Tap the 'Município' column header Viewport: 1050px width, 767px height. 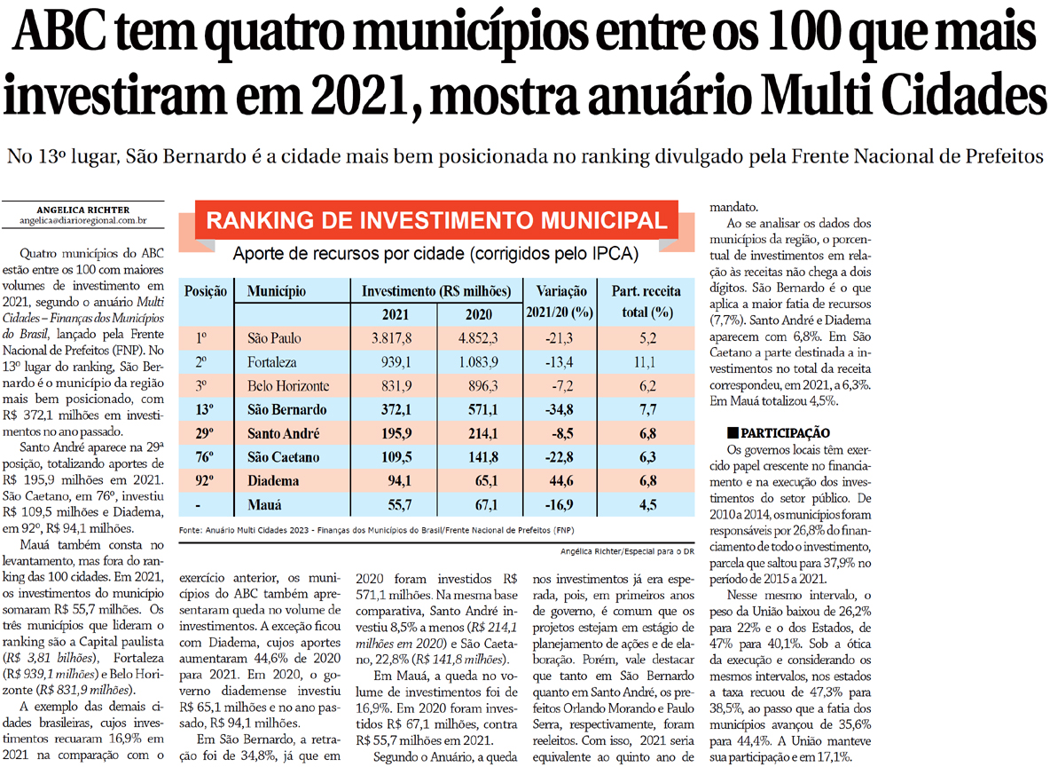(x=277, y=291)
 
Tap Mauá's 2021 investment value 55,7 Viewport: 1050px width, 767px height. (x=396, y=505)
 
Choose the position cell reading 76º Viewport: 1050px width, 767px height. (x=200, y=457)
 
